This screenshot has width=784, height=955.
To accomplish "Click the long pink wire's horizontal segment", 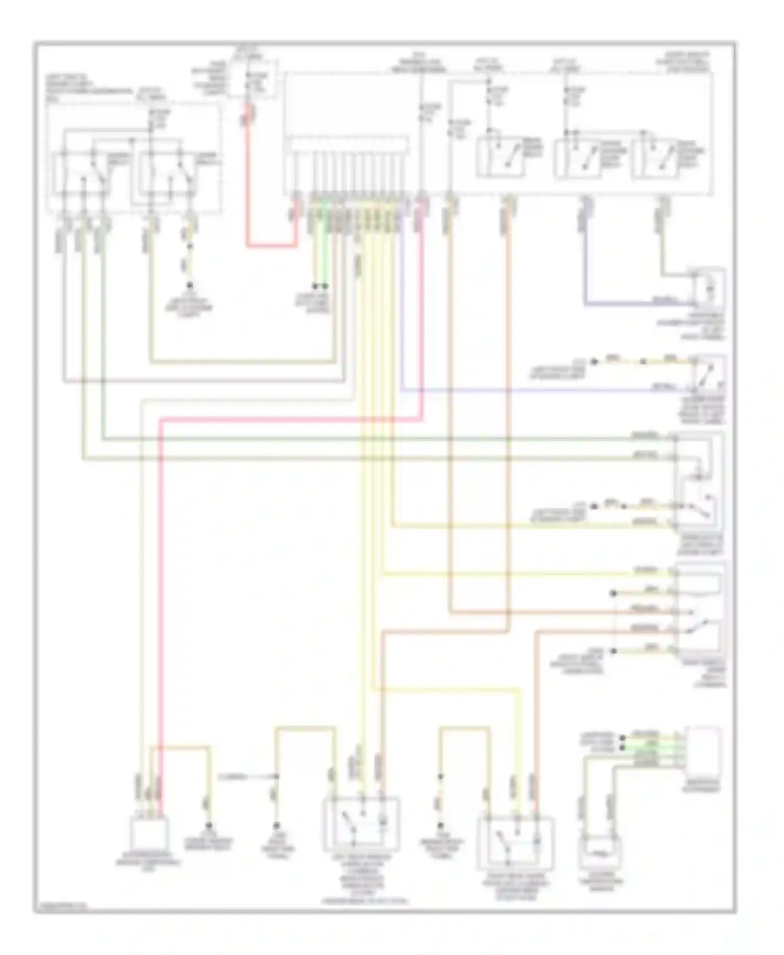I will [287, 418].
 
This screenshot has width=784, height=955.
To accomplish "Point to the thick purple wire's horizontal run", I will [638, 303].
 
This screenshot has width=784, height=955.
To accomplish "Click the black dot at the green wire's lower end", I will [325, 286].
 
